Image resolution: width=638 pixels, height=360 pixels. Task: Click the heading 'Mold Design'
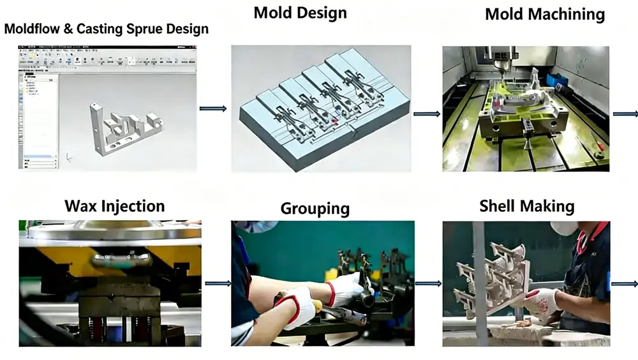click(300, 13)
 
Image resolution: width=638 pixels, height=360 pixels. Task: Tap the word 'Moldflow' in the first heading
click(33, 29)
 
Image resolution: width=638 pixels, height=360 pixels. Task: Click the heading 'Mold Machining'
click(545, 15)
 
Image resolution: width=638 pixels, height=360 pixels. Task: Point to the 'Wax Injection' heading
click(114, 206)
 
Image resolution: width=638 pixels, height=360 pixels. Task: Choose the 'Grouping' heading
click(315, 209)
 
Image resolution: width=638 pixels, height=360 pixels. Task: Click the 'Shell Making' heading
click(526, 206)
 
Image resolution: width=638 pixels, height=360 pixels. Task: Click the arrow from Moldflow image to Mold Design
click(213, 109)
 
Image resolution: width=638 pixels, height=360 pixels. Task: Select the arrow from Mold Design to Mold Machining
click(427, 114)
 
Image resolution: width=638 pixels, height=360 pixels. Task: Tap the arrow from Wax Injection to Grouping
click(218, 283)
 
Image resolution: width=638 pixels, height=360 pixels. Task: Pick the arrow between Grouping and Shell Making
click(428, 283)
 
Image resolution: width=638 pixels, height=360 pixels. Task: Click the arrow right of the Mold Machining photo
click(625, 114)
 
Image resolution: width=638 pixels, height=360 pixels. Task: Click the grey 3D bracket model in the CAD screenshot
click(124, 128)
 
